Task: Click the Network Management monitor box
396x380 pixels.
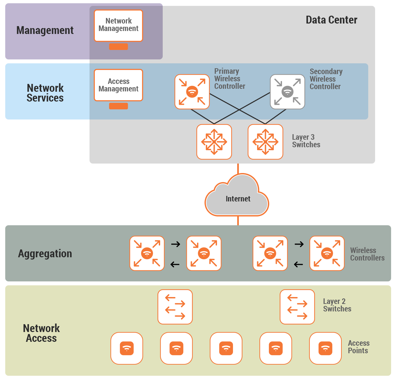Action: tap(118, 25)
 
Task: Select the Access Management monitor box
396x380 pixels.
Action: tap(118, 85)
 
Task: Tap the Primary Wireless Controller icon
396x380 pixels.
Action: tap(192, 92)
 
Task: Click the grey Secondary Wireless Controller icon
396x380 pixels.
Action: tap(288, 92)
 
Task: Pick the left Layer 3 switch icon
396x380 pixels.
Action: tap(214, 142)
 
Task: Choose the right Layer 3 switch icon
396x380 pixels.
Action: tap(265, 142)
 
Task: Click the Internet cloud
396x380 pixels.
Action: tap(238, 198)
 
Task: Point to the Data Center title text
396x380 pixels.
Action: tap(331, 20)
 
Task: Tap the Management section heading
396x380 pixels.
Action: tap(45, 30)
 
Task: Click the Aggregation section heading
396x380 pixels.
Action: tap(45, 254)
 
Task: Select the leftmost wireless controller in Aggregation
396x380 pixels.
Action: tap(147, 253)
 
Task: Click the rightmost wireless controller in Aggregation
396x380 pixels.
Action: tap(327, 253)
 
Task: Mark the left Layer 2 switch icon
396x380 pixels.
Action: tap(175, 307)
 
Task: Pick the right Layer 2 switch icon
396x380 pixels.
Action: tap(297, 307)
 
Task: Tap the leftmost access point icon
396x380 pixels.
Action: tap(127, 348)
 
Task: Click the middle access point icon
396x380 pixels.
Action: tap(226, 348)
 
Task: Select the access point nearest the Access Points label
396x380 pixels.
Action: tap(325, 348)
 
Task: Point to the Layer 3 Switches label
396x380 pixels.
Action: tap(306, 141)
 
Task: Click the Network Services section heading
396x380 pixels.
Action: tap(45, 93)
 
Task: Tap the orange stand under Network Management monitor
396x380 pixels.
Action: tap(118, 47)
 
